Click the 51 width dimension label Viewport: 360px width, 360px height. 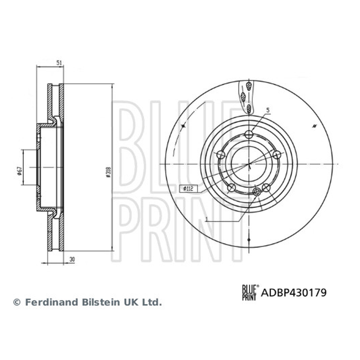pyautogui.click(x=59, y=63)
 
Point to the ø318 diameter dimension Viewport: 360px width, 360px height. pyautogui.click(x=108, y=172)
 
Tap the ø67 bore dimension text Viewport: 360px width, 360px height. pyautogui.click(x=20, y=171)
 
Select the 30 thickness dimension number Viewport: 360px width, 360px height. pyautogui.click(x=72, y=260)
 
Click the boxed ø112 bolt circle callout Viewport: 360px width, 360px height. pyautogui.click(x=188, y=189)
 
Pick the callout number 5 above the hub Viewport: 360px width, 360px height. pyautogui.click(x=268, y=110)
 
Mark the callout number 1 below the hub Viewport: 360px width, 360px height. pyautogui.click(x=207, y=219)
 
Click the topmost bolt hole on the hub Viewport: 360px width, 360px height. pyautogui.click(x=249, y=134)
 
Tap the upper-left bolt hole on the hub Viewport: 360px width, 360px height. pyautogui.click(x=221, y=154)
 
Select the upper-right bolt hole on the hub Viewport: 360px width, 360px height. pyautogui.click(x=277, y=155)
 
